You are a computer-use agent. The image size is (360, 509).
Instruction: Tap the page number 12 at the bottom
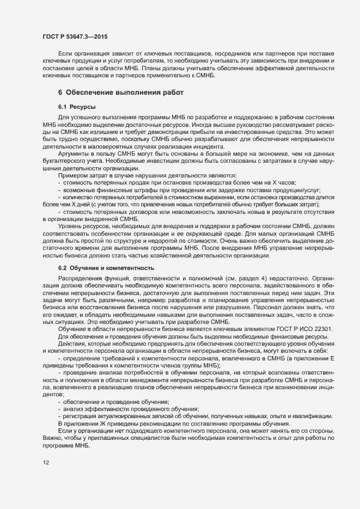tap(45, 463)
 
